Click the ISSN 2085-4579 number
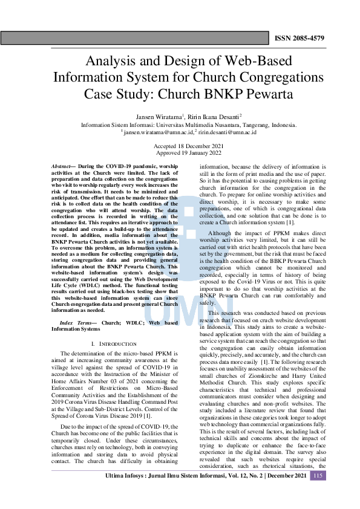[x=299, y=38]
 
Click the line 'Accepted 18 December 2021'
[x=180, y=146]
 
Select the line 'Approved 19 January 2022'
[x=180, y=154]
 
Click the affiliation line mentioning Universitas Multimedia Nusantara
[x=180, y=125]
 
